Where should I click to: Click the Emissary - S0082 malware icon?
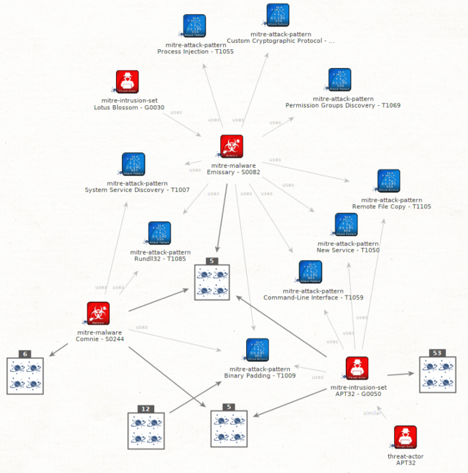(x=232, y=146)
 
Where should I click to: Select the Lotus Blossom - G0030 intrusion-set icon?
(x=127, y=81)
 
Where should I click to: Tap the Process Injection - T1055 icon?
(x=194, y=26)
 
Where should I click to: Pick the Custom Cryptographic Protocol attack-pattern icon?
(x=278, y=15)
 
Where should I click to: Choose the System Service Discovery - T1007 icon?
(x=133, y=164)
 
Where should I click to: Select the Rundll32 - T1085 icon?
(x=160, y=233)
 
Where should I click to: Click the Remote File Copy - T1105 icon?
(x=389, y=181)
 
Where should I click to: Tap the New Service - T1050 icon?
(x=347, y=225)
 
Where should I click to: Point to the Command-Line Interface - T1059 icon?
(x=311, y=272)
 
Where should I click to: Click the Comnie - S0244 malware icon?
(x=98, y=313)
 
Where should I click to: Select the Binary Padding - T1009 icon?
(x=257, y=349)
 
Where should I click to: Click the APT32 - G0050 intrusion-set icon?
(x=357, y=368)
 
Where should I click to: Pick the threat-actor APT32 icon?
(x=405, y=437)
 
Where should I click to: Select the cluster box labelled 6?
(x=25, y=375)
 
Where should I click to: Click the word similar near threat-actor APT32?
(x=372, y=413)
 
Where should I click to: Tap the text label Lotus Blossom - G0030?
(x=129, y=107)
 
